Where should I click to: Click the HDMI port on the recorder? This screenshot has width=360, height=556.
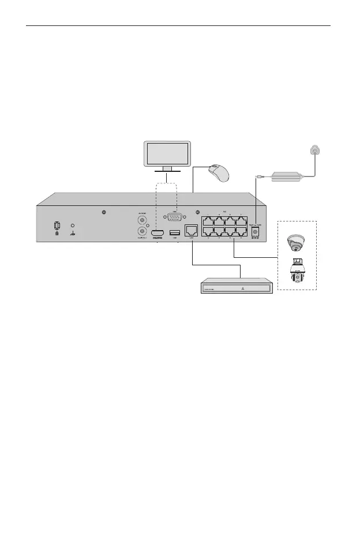(x=158, y=232)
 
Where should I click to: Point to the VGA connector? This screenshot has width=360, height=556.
(x=175, y=218)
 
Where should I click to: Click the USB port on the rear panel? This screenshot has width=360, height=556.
(x=174, y=232)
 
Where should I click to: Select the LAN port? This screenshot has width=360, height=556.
(x=191, y=231)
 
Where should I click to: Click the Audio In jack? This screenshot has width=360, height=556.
(x=141, y=219)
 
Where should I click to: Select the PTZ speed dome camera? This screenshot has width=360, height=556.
(x=298, y=273)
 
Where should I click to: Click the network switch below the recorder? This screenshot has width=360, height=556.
(x=236, y=287)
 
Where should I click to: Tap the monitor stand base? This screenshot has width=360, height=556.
(x=163, y=171)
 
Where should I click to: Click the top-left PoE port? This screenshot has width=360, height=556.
(x=207, y=221)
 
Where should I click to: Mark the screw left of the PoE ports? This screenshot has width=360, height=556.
(x=197, y=211)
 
